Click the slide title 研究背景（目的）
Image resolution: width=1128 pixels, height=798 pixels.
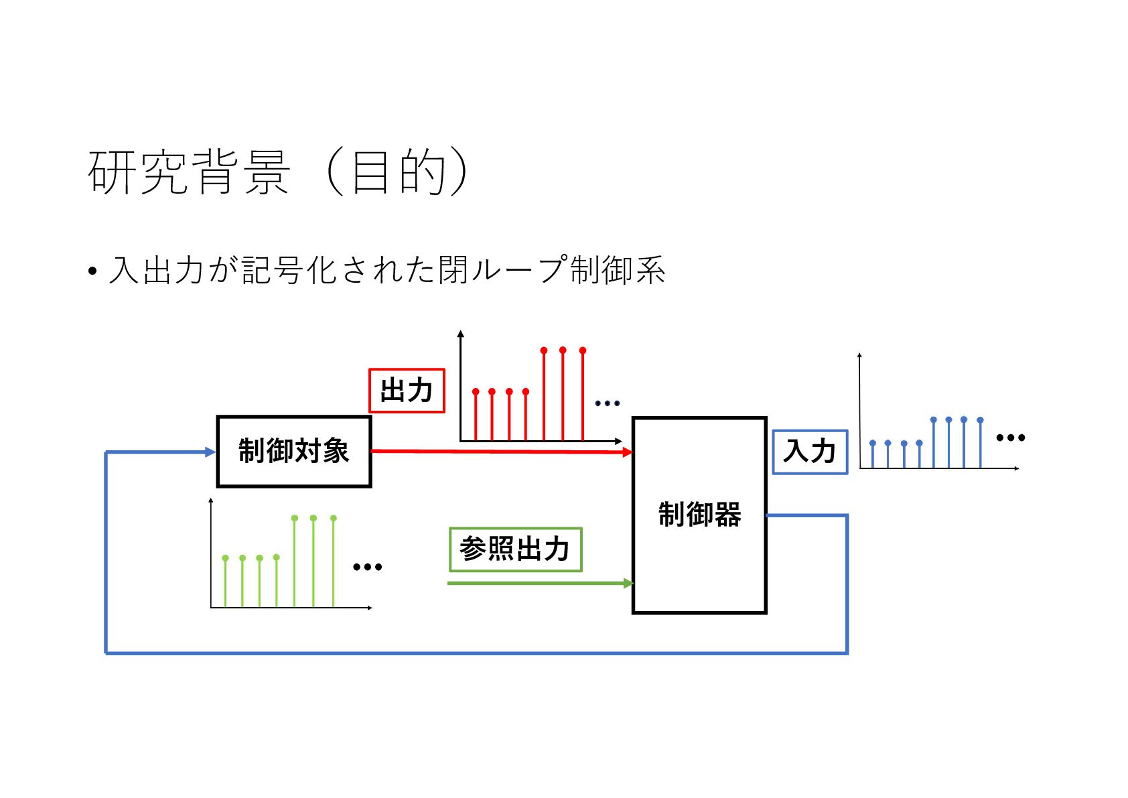tap(277, 172)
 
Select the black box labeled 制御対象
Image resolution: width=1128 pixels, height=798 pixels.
tap(293, 451)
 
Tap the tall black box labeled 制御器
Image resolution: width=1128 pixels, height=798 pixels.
tap(699, 515)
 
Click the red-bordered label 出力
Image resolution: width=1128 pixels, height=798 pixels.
tap(407, 390)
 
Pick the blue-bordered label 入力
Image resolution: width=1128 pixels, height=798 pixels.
tap(810, 452)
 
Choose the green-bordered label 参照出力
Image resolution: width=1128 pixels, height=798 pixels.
tap(514, 549)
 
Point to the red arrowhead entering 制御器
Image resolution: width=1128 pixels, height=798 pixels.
tap(628, 452)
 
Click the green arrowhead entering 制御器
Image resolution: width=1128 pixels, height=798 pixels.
tap(628, 583)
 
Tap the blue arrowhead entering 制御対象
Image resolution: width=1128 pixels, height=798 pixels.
tap(210, 452)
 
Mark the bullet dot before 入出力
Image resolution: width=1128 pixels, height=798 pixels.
tap(92, 271)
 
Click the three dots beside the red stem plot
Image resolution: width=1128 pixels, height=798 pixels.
tap(607, 403)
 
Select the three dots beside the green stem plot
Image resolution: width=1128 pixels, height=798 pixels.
tap(367, 567)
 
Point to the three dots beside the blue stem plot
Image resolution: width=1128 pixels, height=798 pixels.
tap(1010, 438)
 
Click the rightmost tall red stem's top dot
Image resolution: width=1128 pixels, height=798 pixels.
tap(583, 350)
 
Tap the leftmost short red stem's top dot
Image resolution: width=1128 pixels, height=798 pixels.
tap(476, 391)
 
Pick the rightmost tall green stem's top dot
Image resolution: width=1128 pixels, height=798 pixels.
tap(334, 518)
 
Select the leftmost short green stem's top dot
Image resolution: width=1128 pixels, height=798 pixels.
tap(225, 558)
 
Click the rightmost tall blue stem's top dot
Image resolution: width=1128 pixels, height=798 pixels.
tap(980, 420)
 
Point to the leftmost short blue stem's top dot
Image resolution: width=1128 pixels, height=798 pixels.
tap(872, 443)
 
